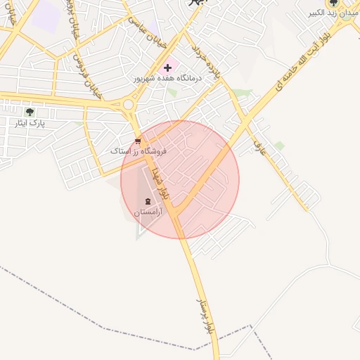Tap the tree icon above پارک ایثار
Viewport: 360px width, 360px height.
pyautogui.click(x=29, y=112)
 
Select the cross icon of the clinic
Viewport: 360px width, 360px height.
pyautogui.click(x=167, y=68)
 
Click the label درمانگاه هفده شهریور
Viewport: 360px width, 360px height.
pyautogui.click(x=168, y=79)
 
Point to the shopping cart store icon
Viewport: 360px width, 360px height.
pyautogui.click(x=136, y=140)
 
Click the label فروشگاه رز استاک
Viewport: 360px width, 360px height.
pyautogui.click(x=139, y=150)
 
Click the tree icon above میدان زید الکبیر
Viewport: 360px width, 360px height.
pyautogui.click(x=333, y=3)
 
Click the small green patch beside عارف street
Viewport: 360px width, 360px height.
pyautogui.click(x=279, y=146)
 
